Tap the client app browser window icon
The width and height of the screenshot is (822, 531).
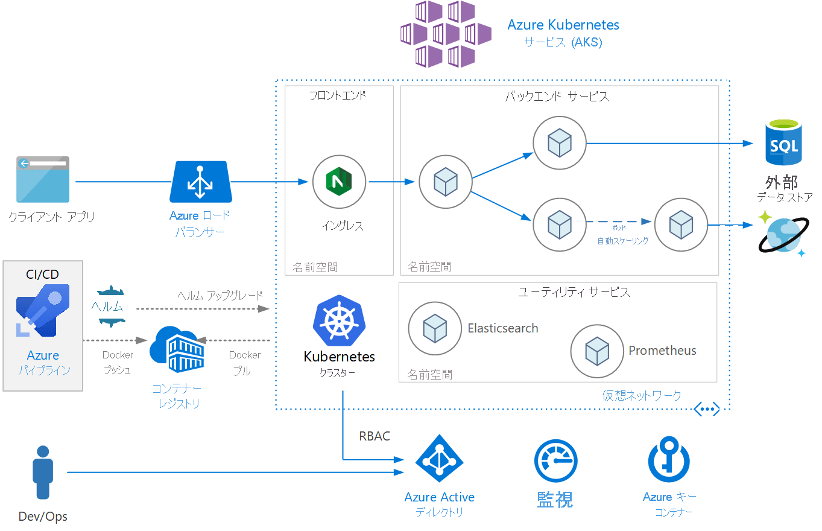(x=43, y=179)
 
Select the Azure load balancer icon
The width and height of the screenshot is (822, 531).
(x=201, y=182)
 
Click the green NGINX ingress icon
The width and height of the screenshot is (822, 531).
(x=339, y=181)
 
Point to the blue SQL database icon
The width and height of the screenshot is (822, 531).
(x=783, y=143)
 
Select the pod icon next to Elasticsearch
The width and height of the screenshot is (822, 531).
(x=435, y=329)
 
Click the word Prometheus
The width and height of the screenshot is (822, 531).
(x=662, y=351)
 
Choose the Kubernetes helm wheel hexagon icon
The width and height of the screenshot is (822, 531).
(x=337, y=321)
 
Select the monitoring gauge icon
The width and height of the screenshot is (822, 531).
(x=555, y=461)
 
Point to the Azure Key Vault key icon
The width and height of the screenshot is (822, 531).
(x=669, y=460)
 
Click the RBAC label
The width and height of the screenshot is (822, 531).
(x=374, y=436)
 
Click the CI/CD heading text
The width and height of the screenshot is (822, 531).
(x=43, y=275)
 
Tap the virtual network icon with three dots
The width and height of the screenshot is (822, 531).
(x=707, y=409)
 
